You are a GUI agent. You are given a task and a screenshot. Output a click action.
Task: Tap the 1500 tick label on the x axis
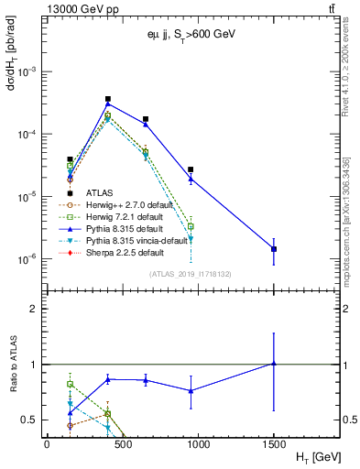click(274, 442)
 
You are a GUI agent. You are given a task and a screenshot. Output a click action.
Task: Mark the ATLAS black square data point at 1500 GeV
click(274, 249)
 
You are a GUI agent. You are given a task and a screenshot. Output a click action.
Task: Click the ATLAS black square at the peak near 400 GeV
click(108, 99)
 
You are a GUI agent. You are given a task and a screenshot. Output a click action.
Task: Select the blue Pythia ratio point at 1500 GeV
click(274, 364)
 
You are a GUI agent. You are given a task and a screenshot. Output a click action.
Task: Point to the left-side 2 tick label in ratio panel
click(34, 309)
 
